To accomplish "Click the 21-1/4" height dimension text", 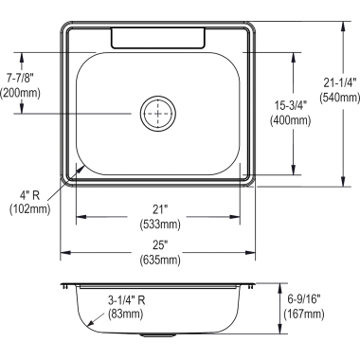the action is [340, 82].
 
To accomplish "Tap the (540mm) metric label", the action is [339, 98].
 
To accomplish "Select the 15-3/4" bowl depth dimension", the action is [290, 105].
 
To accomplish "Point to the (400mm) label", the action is [290, 120].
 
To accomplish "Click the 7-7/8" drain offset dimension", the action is [20, 78].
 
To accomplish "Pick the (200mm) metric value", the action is [20, 93].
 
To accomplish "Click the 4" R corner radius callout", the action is [29, 195].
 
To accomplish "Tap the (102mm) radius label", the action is [29, 209].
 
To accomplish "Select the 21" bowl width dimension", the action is [160, 209].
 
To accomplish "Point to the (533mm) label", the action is [160, 225].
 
